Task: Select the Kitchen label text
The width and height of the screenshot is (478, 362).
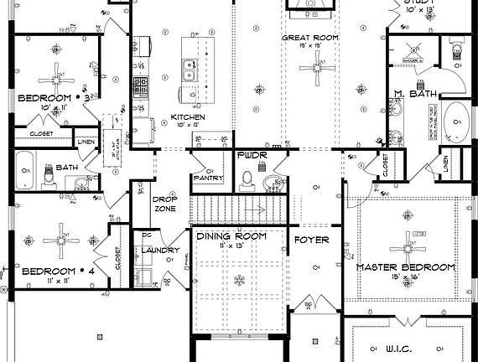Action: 188,116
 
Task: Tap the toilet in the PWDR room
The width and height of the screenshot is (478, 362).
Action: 247,178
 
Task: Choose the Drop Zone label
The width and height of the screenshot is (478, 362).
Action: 164,204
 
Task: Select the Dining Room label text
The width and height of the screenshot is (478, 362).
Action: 231,236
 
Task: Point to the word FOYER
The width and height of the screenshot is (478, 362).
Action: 311,240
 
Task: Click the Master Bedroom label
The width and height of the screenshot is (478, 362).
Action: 406,267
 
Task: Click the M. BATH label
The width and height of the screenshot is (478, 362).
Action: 412,94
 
